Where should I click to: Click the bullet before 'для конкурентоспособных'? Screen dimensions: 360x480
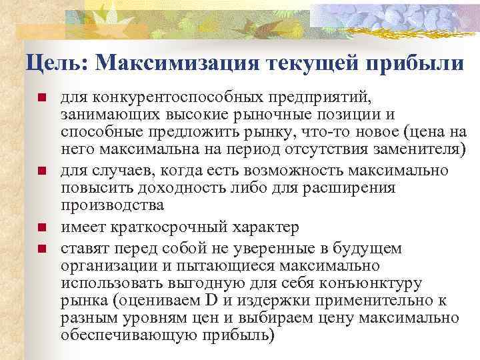coord(41,99)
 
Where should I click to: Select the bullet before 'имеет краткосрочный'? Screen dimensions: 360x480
coord(41,228)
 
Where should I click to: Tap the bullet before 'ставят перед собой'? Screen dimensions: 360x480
coord(41,249)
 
